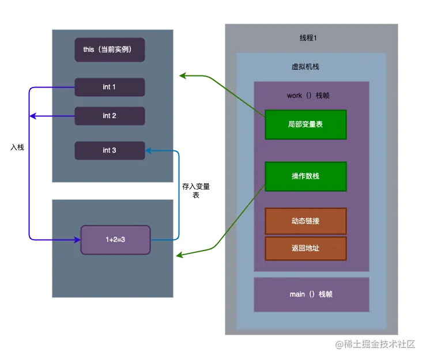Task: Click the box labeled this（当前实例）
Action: coord(110,50)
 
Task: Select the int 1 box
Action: coord(110,87)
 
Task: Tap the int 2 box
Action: coord(110,116)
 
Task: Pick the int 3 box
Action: coord(110,150)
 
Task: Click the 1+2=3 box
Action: coord(115,240)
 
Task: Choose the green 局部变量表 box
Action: coord(306,124)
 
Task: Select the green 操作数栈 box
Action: coord(306,176)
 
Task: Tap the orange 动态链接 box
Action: coord(306,221)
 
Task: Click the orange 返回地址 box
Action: coord(306,248)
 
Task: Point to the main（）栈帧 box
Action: coord(311,294)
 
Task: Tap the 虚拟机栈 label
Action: coord(306,67)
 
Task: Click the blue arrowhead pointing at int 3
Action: coord(148,150)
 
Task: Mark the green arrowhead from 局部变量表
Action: coord(183,75)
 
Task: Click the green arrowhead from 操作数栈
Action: coord(180,255)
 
